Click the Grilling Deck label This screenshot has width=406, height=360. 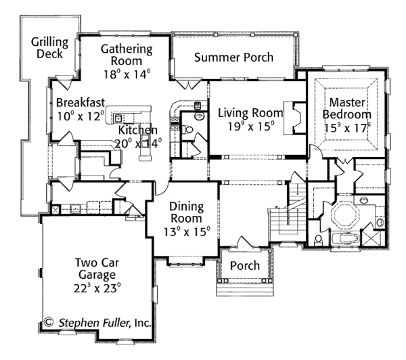49,48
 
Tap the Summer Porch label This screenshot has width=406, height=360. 233,58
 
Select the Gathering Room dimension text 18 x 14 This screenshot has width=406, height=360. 127,74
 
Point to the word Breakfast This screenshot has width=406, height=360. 81,103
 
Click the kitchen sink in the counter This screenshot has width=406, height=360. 118,118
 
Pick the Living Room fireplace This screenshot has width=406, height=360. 295,118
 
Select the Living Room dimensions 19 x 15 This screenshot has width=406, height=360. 251,127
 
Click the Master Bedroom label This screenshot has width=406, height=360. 347,108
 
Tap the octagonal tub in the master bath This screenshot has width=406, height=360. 345,215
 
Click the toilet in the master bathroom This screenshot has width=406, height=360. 318,240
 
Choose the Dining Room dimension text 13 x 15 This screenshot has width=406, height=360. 187,232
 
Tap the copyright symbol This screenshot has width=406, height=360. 49,322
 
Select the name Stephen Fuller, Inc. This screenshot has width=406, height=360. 105,323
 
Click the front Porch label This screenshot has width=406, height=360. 245,266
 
